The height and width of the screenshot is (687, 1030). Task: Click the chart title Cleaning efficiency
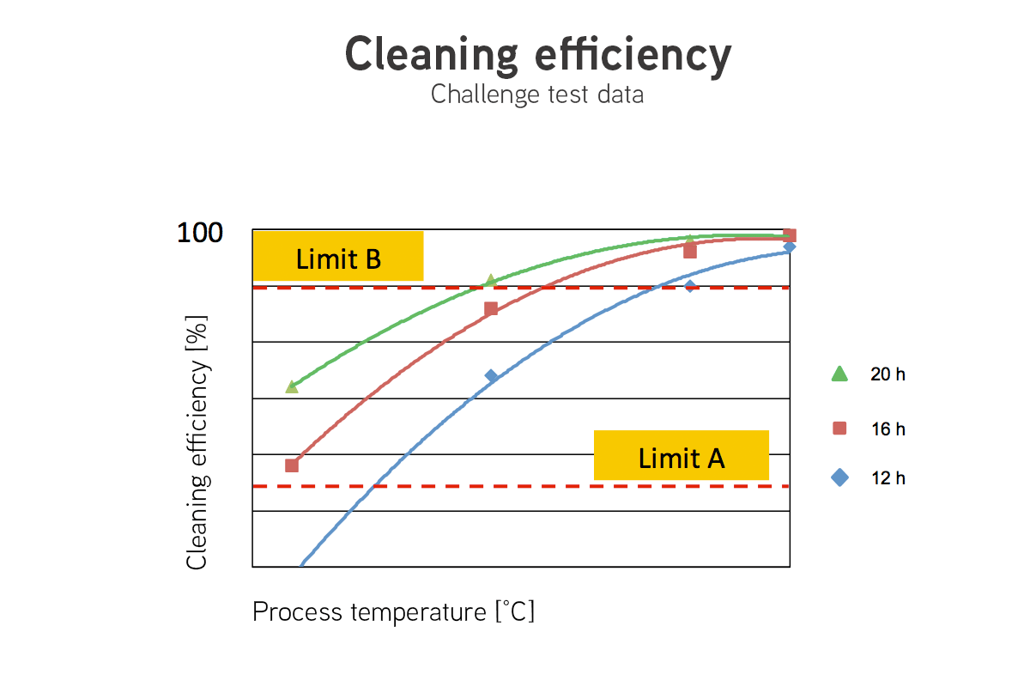tap(538, 56)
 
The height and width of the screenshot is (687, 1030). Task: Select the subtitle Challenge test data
tap(537, 94)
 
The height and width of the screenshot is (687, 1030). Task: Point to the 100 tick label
tap(200, 233)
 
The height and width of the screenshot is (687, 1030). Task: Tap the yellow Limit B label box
tap(338, 256)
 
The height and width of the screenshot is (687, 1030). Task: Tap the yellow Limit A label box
tap(682, 455)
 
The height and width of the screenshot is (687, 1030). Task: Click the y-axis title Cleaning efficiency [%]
tap(197, 442)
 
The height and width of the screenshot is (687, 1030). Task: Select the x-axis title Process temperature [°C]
tap(394, 612)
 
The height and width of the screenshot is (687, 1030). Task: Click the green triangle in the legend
tap(839, 374)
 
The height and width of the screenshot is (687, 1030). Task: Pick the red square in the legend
tap(839, 429)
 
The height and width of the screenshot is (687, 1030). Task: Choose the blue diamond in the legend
tap(839, 477)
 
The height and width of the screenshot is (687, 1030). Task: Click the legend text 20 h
tap(888, 374)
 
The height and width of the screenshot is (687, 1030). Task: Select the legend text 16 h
tap(888, 429)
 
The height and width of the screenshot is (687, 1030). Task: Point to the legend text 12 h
tap(888, 478)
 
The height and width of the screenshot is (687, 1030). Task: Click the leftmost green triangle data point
tap(292, 387)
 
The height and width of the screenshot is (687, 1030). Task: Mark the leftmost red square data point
tap(292, 465)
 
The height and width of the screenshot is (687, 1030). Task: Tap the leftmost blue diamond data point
tap(491, 376)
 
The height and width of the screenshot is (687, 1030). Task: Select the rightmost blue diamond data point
tap(790, 247)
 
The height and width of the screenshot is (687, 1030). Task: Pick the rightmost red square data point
tap(790, 235)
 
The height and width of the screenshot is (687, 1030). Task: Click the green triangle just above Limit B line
tap(491, 280)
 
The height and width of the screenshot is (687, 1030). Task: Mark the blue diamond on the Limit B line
tap(690, 286)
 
